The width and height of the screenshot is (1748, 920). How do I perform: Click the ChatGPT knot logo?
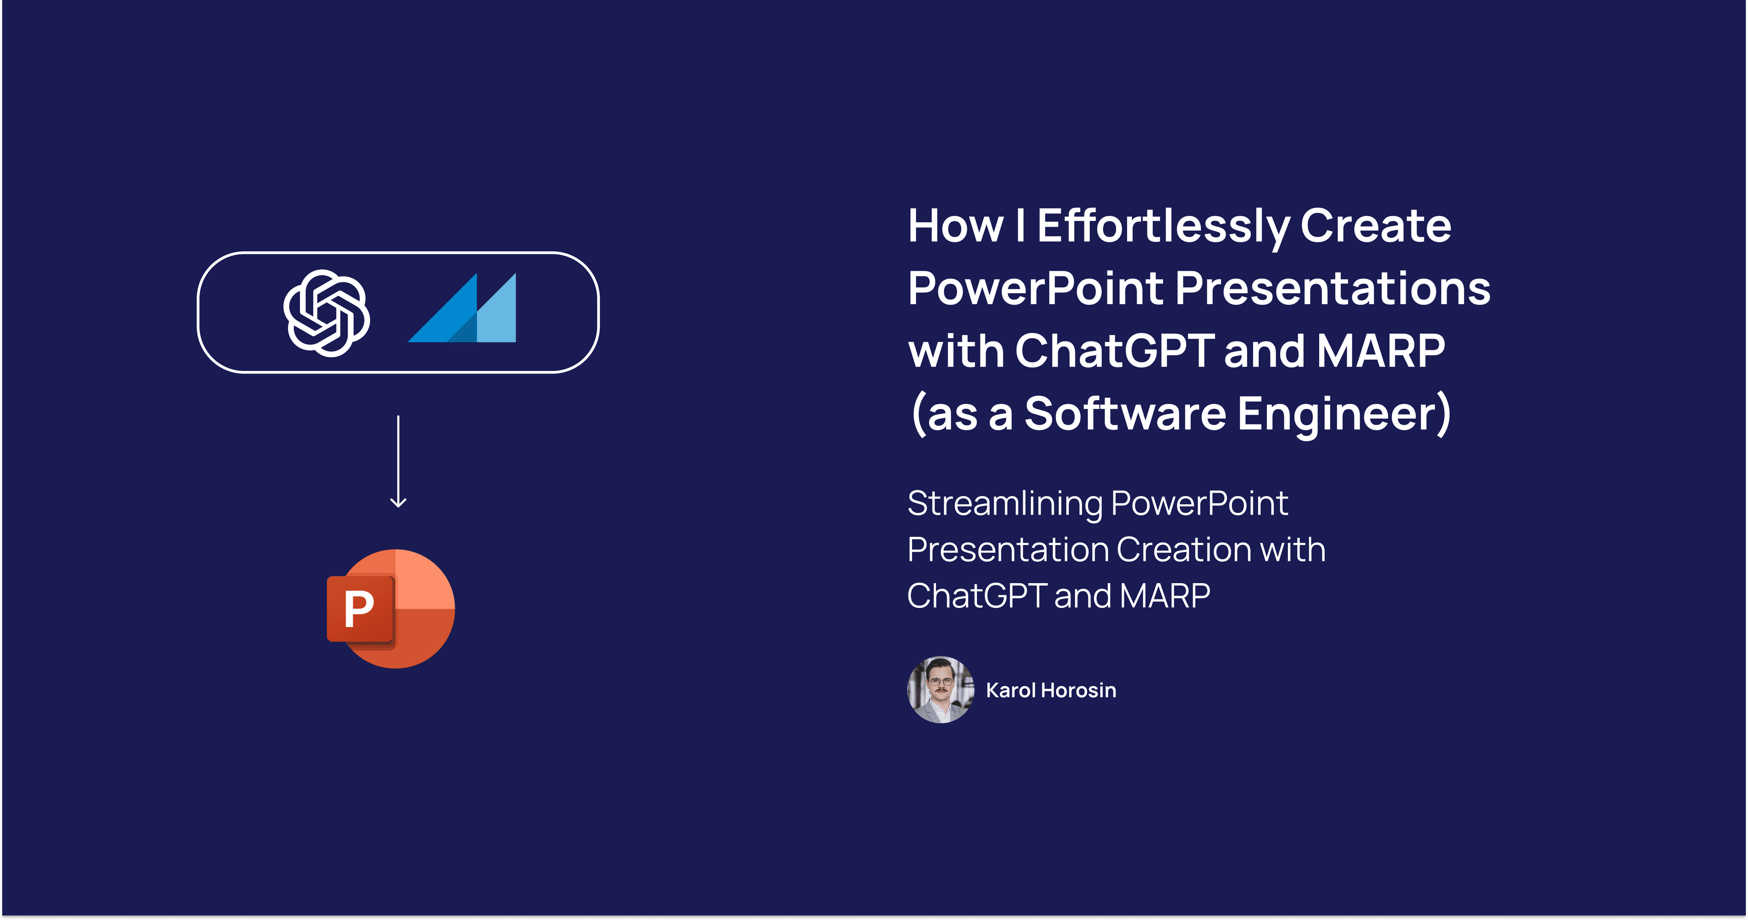click(x=326, y=313)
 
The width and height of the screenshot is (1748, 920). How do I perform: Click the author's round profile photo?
click(x=940, y=689)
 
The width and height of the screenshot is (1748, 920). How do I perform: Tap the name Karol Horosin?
click(x=1051, y=690)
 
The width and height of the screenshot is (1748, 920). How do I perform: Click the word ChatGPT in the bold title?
click(x=1114, y=351)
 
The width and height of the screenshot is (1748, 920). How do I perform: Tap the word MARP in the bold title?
click(x=1380, y=351)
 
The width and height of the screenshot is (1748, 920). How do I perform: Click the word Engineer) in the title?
click(x=1345, y=413)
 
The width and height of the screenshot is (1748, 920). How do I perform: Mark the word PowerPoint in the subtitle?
click(x=1199, y=503)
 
